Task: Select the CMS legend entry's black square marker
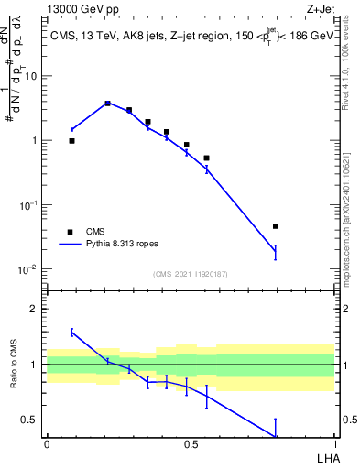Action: (70, 232)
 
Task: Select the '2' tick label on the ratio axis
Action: (35, 310)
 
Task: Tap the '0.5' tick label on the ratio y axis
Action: (30, 420)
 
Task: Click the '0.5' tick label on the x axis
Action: (191, 442)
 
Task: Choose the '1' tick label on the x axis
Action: (334, 442)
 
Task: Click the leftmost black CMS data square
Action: (71, 141)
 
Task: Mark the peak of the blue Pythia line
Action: (107, 103)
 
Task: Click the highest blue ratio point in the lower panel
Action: (71, 332)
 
